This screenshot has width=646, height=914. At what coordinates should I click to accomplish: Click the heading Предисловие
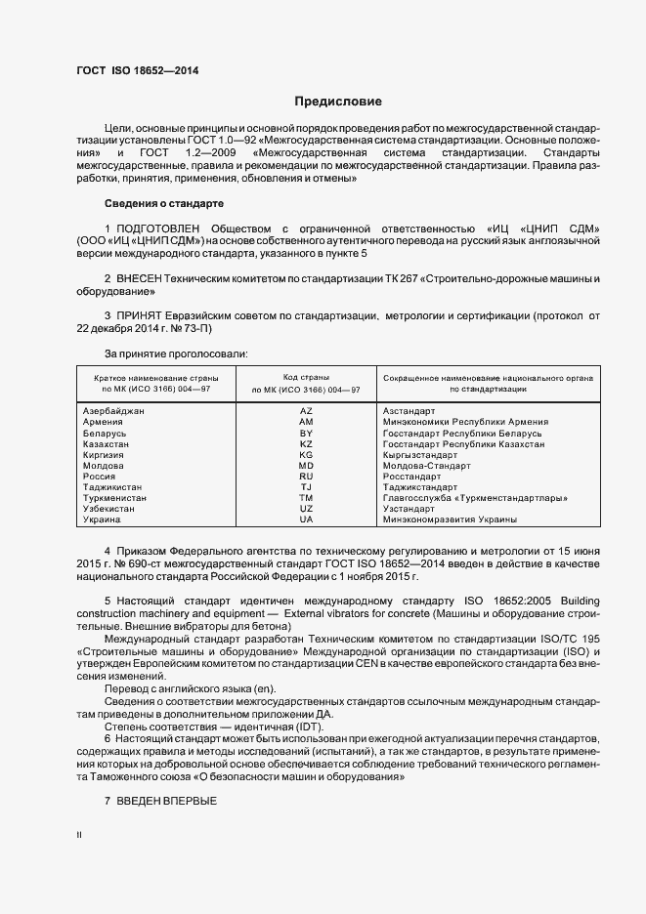[x=339, y=102]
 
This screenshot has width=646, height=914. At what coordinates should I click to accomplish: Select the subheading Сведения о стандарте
[x=164, y=203]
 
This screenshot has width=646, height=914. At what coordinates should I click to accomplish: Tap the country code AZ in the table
[x=306, y=411]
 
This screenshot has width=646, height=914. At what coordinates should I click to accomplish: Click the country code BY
[x=306, y=433]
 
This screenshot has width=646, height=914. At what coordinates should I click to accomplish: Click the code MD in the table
[x=306, y=466]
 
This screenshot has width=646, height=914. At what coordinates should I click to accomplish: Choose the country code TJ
[x=306, y=487]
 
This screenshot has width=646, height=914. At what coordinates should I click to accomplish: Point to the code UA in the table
[x=306, y=519]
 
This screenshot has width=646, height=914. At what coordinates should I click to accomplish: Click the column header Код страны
[x=306, y=377]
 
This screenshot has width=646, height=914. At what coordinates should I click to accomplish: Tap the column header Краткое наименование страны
[x=156, y=377]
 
